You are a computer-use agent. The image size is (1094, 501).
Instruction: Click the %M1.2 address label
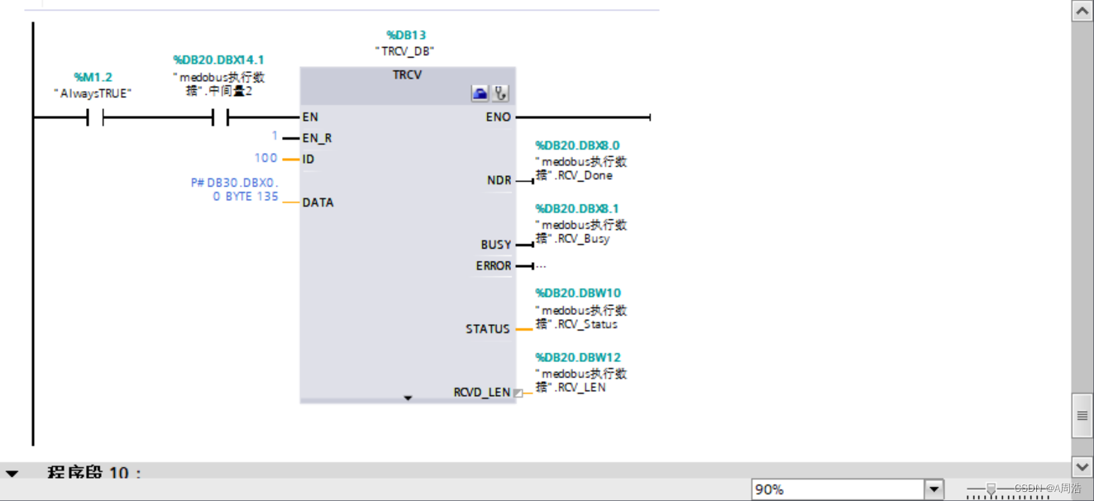(x=93, y=77)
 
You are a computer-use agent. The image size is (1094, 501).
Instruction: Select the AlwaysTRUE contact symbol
(x=95, y=118)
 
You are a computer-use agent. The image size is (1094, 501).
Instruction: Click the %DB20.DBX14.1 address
(x=218, y=60)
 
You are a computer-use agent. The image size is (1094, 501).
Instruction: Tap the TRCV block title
(x=407, y=75)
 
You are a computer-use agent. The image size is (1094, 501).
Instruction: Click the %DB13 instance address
(x=406, y=35)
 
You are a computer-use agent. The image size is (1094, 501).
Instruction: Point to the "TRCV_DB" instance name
(x=404, y=50)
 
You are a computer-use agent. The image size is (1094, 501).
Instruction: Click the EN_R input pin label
(x=317, y=138)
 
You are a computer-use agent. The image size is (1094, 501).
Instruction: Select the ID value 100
(x=265, y=158)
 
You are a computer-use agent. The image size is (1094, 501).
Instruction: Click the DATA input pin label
(x=318, y=203)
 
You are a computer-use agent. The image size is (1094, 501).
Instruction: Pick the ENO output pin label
(x=498, y=117)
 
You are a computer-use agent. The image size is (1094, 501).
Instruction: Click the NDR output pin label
(x=499, y=180)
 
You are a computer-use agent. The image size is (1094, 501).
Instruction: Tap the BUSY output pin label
(x=495, y=245)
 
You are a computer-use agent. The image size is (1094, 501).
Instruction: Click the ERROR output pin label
(x=493, y=266)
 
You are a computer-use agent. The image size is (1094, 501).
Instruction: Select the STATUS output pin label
(x=487, y=329)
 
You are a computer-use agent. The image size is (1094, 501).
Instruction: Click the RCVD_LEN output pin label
(x=481, y=392)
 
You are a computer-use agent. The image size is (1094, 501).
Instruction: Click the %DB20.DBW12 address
(x=577, y=357)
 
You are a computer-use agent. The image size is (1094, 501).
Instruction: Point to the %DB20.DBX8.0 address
(x=576, y=146)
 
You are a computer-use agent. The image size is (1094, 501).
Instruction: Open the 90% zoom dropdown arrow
(x=934, y=489)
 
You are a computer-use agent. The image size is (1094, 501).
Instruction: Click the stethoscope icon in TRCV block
(x=500, y=93)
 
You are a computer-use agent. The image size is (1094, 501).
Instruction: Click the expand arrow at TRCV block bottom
(x=408, y=398)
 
